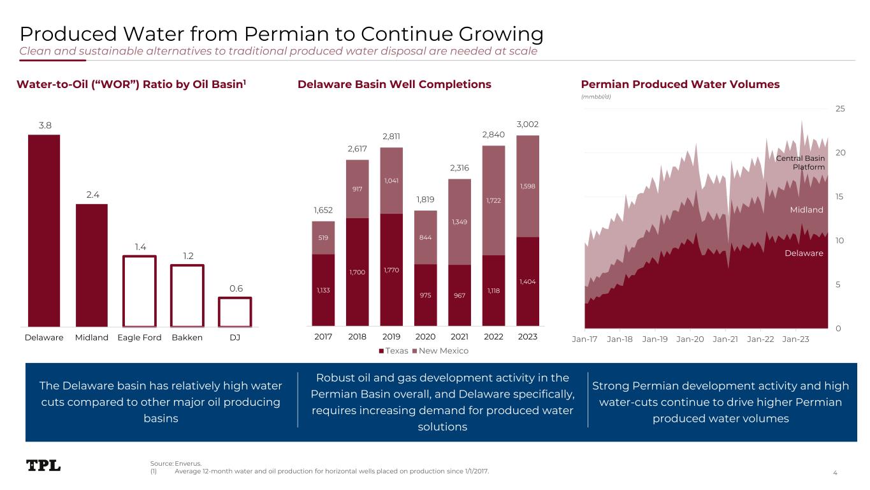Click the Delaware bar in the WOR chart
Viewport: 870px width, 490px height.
coord(44,230)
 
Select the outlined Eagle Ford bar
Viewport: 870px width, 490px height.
coord(140,291)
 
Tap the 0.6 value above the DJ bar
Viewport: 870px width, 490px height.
coord(236,288)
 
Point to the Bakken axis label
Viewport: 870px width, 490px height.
coord(187,337)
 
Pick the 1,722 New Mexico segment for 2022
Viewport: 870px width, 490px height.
coord(493,200)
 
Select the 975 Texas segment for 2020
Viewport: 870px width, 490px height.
coord(425,295)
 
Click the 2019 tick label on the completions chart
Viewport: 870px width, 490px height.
coord(391,337)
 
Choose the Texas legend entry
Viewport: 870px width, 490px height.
coord(393,351)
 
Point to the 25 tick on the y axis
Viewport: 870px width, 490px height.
coord(840,109)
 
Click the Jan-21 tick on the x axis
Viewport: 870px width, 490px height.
coord(725,339)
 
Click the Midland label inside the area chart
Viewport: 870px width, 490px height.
coord(807,210)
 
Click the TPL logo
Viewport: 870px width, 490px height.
coord(44,466)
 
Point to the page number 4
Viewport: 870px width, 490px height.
coord(835,472)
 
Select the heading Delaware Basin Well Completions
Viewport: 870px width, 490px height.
coord(395,84)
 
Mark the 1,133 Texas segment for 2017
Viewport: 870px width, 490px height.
coord(323,290)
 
